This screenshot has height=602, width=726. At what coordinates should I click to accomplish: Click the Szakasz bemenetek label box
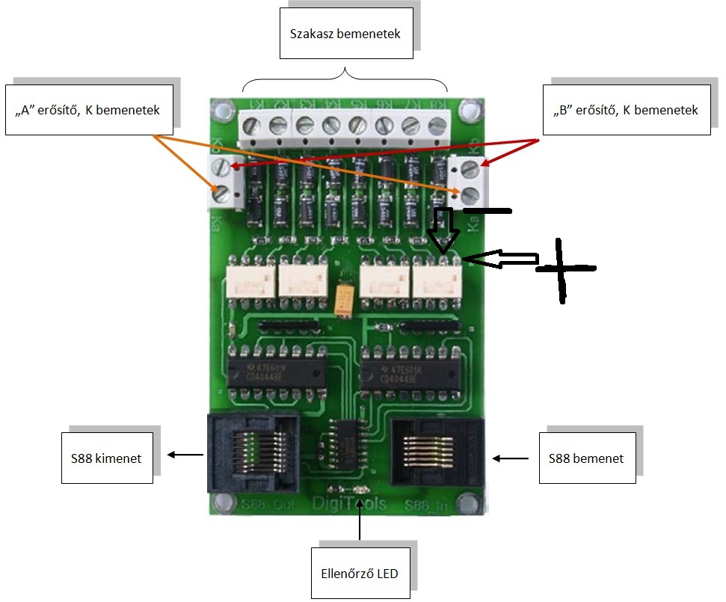[345, 33]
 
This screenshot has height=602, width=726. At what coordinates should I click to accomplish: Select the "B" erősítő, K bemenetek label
[627, 110]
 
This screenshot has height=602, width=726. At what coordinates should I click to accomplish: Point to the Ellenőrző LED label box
[360, 574]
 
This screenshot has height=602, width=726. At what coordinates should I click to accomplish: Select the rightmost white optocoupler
[437, 280]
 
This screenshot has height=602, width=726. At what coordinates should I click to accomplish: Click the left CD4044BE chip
[276, 370]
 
